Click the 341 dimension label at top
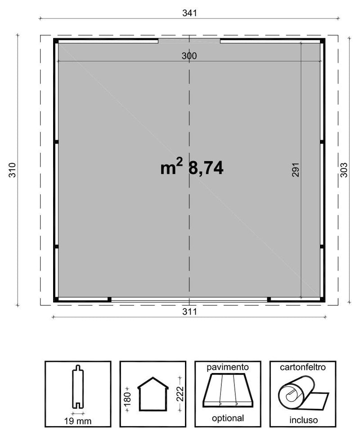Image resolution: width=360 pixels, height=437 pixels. coord(189,13)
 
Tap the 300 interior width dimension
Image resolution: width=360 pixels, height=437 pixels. coord(189,56)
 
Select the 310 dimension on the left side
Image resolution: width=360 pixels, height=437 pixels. coord(12,170)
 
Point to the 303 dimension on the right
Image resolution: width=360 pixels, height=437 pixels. coord(344,170)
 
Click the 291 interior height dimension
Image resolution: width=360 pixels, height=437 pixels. coord(295,170)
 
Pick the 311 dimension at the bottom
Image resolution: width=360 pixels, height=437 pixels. coord(189,311)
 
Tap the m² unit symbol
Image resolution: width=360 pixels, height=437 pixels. coord(171,168)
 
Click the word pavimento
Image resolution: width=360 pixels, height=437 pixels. coord(228,367)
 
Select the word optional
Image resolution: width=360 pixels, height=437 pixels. coord(228,418)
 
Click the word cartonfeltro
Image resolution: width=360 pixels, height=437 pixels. coord(302,367)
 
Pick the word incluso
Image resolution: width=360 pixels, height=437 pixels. coord(302,420)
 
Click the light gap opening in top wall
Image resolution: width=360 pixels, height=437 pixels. coord(189,41)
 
